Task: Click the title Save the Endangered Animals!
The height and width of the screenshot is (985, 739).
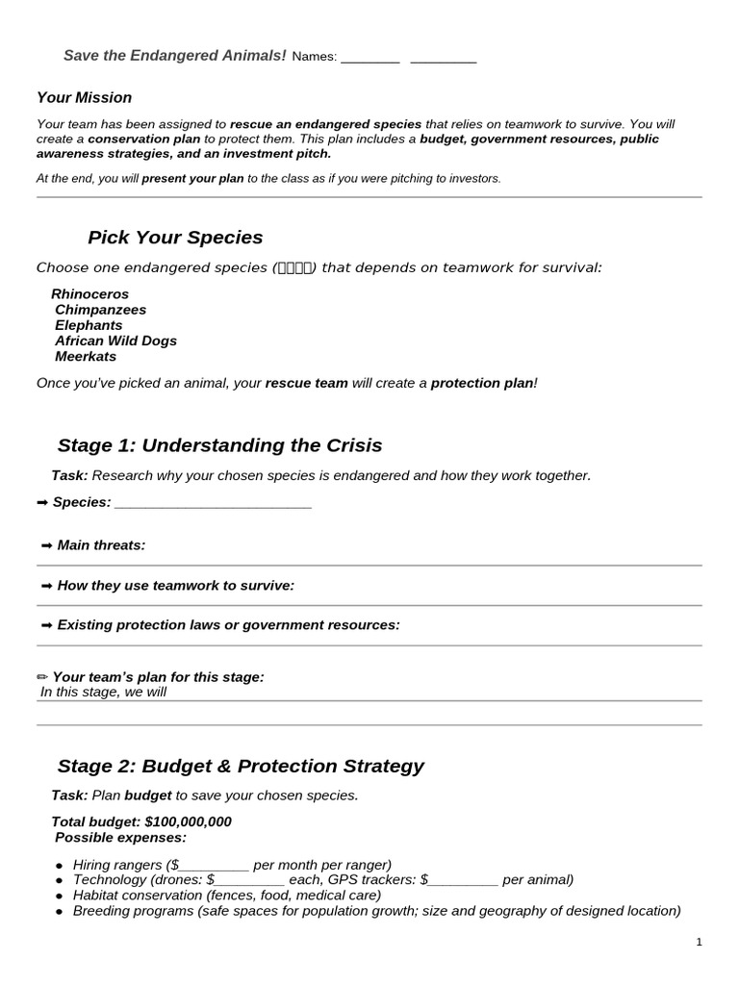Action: pos(174,56)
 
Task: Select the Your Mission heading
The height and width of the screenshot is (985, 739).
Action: pos(84,98)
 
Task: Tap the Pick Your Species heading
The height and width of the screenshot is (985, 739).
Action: pos(174,238)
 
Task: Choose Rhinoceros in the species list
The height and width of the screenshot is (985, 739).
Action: pos(89,294)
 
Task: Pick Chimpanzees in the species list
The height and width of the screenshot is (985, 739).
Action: pos(100,310)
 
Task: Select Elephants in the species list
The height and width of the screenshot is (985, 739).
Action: pos(89,325)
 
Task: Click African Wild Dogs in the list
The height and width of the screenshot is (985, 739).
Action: pos(115,341)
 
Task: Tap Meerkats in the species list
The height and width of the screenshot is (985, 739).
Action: pos(86,356)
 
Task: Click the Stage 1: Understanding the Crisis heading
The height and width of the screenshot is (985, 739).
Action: pos(219,445)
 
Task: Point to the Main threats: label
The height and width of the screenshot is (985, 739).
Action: pos(101,545)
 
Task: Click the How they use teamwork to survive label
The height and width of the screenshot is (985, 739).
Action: pos(175,585)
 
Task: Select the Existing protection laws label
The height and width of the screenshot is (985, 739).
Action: pos(228,625)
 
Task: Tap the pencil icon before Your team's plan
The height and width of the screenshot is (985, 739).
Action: pos(42,677)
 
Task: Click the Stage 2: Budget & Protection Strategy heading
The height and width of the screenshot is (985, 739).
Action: pos(241,767)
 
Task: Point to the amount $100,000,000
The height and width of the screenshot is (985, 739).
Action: pos(188,821)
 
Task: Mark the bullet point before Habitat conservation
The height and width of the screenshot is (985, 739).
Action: pos(60,897)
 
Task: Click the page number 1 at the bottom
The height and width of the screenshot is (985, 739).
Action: pos(699,944)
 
